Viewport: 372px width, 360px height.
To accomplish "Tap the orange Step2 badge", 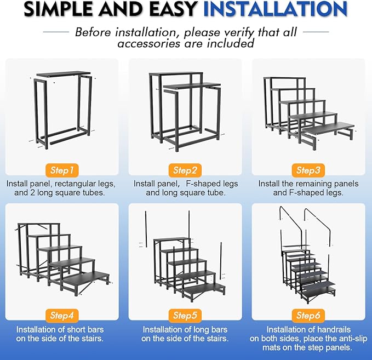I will click(x=185, y=170).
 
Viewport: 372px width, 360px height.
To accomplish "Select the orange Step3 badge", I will click(x=308, y=170).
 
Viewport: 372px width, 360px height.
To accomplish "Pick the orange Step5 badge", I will click(x=185, y=315).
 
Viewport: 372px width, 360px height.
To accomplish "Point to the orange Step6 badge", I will click(x=308, y=315).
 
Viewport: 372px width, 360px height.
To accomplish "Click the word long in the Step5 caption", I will click(x=204, y=329).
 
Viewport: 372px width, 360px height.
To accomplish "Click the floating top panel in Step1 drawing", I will click(x=63, y=74).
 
